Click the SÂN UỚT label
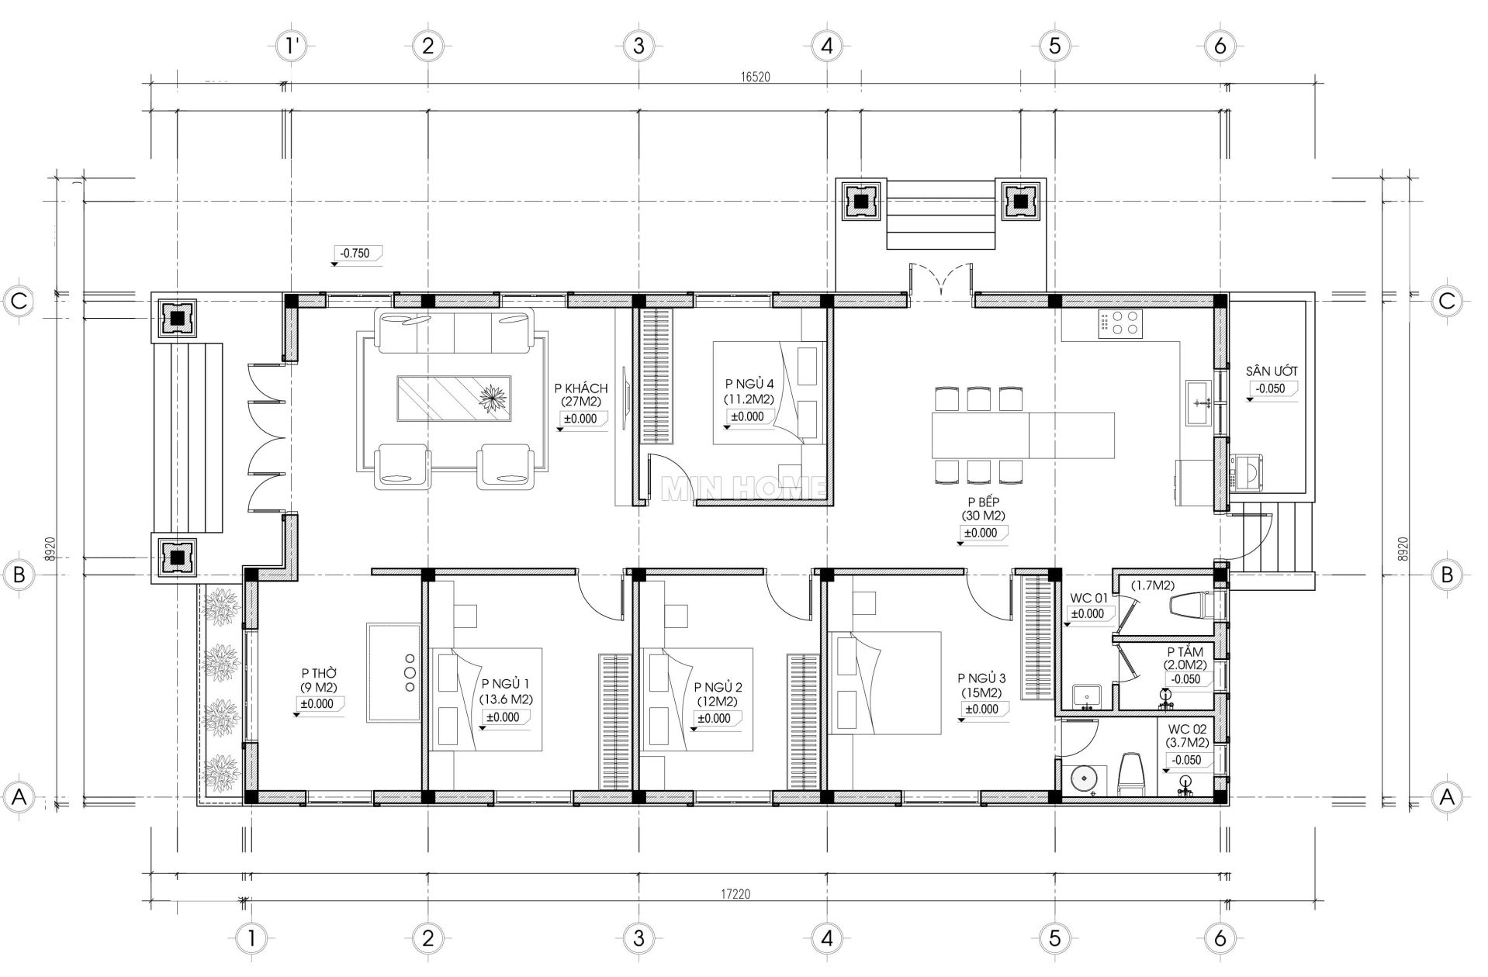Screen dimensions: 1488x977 (1272, 371)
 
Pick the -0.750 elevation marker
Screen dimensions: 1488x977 (357, 254)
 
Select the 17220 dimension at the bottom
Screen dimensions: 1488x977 (735, 894)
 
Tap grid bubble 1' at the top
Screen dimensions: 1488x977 (292, 46)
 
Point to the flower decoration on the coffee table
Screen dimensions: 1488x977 (492, 399)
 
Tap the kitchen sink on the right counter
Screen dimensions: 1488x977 (1201, 402)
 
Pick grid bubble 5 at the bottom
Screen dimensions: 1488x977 (1054, 938)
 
